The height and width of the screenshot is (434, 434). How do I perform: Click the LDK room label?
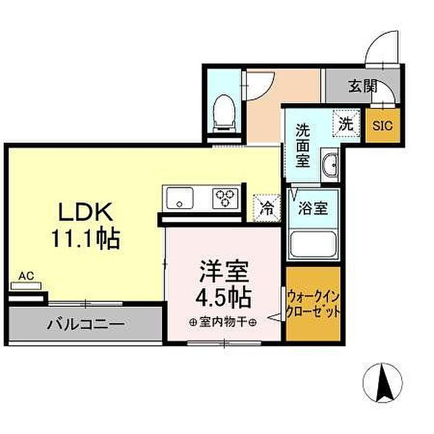pyautogui.click(x=86, y=212)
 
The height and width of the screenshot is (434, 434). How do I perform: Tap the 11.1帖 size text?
pyautogui.click(x=86, y=238)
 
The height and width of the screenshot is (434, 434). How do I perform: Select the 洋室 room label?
pyautogui.click(x=224, y=272)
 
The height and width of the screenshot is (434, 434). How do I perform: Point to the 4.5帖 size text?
pyautogui.click(x=224, y=298)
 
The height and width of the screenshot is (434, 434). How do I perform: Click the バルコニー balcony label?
pyautogui.click(x=86, y=324)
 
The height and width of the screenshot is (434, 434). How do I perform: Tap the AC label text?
pyautogui.click(x=26, y=276)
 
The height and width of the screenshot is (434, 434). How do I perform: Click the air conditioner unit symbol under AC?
pyautogui.click(x=26, y=286)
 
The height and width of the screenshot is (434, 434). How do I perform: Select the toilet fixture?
pyautogui.click(x=224, y=114)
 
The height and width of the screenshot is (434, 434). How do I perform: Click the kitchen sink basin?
pyautogui.click(x=179, y=198)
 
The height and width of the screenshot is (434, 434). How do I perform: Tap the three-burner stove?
pyautogui.click(x=225, y=198)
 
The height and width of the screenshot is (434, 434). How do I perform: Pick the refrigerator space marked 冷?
pyautogui.click(x=267, y=208)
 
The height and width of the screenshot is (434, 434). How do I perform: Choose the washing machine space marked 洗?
pyautogui.click(x=346, y=123)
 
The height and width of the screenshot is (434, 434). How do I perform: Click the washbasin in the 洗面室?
pyautogui.click(x=330, y=165)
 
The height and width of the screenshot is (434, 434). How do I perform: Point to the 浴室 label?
pyautogui.click(x=313, y=208)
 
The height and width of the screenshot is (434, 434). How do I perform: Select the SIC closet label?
pyautogui.click(x=383, y=126)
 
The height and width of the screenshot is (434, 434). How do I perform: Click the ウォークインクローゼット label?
pyautogui.click(x=313, y=304)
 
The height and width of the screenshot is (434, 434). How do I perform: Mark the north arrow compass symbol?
pyautogui.click(x=383, y=383)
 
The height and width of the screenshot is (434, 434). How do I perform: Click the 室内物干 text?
pyautogui.click(x=223, y=322)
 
